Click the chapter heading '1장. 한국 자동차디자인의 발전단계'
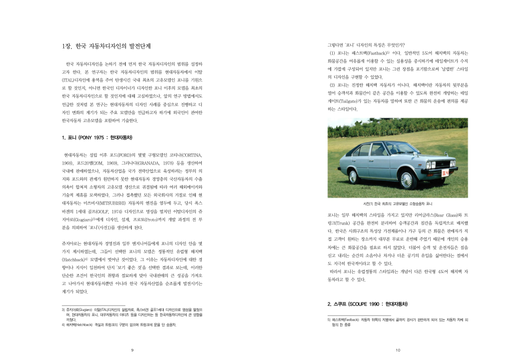click(106, 46)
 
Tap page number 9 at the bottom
click(132, 350)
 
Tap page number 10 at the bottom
click(398, 350)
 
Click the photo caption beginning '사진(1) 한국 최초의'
click(398, 204)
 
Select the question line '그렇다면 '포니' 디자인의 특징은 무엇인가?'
click(366, 45)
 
